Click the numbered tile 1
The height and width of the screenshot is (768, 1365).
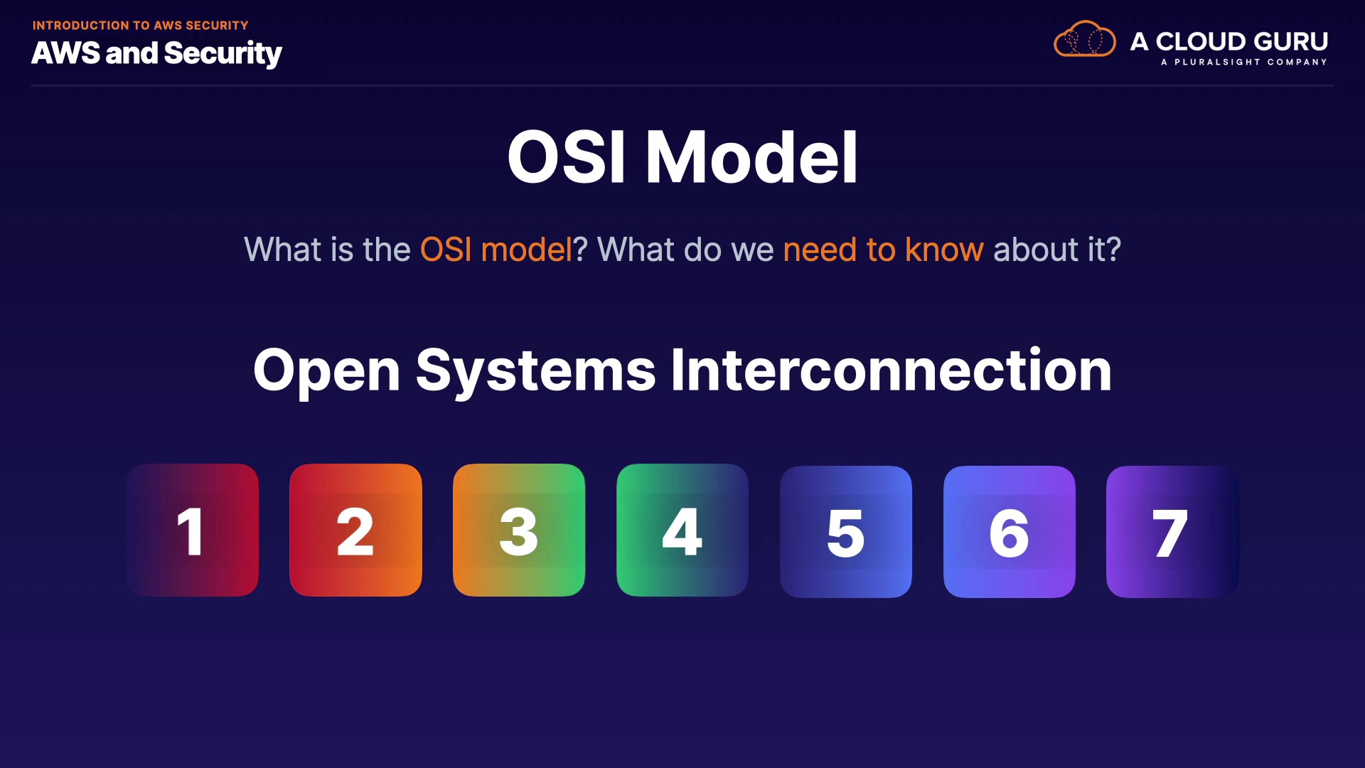[x=192, y=530]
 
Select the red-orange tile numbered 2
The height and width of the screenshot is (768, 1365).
[x=355, y=530]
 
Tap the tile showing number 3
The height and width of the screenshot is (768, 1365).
[x=519, y=530]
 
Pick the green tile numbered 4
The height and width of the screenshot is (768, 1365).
[x=682, y=530]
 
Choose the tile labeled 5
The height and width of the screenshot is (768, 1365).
[x=846, y=532]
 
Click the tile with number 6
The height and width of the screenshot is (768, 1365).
[x=1010, y=532]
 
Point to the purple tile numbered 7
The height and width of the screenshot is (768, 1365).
[x=1172, y=532]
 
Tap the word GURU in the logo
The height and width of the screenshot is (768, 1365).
[x=1292, y=41]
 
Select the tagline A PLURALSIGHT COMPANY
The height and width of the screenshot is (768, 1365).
[x=1244, y=63]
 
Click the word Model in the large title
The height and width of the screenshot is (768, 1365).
[x=751, y=157]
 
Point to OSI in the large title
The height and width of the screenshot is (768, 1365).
[x=567, y=157]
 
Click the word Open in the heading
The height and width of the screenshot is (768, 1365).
[x=327, y=371]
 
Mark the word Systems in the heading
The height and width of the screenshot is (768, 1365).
[x=536, y=371]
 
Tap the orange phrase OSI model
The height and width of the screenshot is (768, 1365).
[x=496, y=250]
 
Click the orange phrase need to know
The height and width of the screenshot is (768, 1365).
[x=884, y=250]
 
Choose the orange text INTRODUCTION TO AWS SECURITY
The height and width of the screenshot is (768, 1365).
[x=141, y=26]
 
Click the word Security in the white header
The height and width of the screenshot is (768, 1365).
[x=223, y=53]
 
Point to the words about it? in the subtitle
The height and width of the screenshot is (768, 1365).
[x=1057, y=250]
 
